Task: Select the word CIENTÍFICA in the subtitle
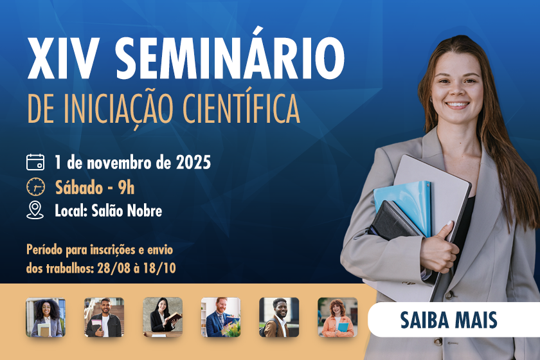241,107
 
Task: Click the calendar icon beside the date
35,162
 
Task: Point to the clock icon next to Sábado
35,186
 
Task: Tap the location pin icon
35,210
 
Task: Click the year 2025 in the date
194,163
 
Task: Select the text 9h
126,188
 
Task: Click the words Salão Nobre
127,210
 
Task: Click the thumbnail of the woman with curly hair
46,318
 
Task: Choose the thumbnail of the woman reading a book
163,318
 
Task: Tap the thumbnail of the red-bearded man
221,318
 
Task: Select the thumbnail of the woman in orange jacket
337,318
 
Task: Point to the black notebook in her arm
393,221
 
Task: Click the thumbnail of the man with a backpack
279,318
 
